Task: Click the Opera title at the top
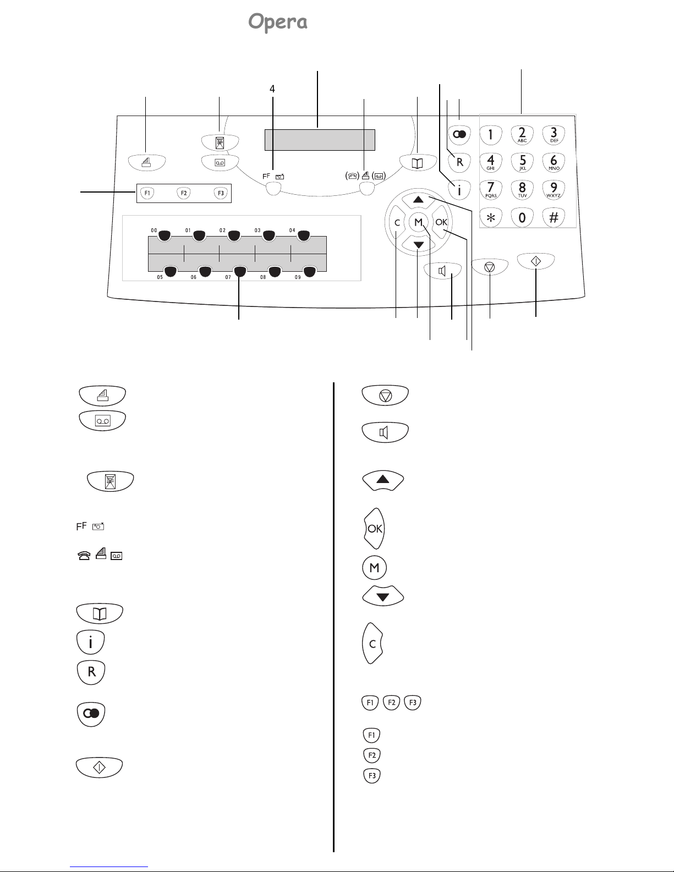tap(278, 21)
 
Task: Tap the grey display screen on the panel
tap(320, 140)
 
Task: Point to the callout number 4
tap(272, 89)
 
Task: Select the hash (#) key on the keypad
tap(554, 217)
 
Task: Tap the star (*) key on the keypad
tap(491, 217)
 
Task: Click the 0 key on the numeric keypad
tap(522, 217)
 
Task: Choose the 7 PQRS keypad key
tap(491, 189)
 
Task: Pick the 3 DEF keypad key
tap(554, 135)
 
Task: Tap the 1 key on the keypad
tap(491, 135)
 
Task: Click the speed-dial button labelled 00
tap(165, 235)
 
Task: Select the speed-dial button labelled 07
tap(240, 272)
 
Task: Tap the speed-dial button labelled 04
tap(304, 235)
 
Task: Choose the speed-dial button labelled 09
tap(309, 272)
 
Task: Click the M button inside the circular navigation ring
tap(419, 222)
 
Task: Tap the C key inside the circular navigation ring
tap(397, 222)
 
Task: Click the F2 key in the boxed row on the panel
tap(184, 193)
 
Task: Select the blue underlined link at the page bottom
tap(109, 867)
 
